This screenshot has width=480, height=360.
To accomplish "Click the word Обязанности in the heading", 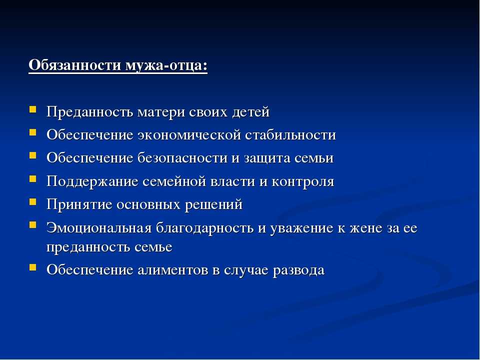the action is pyautogui.click(x=75, y=65).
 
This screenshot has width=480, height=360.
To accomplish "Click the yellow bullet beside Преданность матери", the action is pyautogui.click(x=33, y=109).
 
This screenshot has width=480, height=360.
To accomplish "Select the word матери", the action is pyautogui.click(x=161, y=111).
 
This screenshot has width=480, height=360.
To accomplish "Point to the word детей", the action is pyautogui.click(x=250, y=111).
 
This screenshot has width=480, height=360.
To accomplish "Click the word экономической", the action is pyautogui.click(x=189, y=135).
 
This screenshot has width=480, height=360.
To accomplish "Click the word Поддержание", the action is pyautogui.click(x=92, y=181).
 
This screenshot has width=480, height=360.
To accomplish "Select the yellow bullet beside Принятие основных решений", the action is pyautogui.click(x=33, y=201).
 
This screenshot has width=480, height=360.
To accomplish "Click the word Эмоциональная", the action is pyautogui.click(x=99, y=228).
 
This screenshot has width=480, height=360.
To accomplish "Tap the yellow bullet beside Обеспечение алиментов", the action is pyautogui.click(x=33, y=267).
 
